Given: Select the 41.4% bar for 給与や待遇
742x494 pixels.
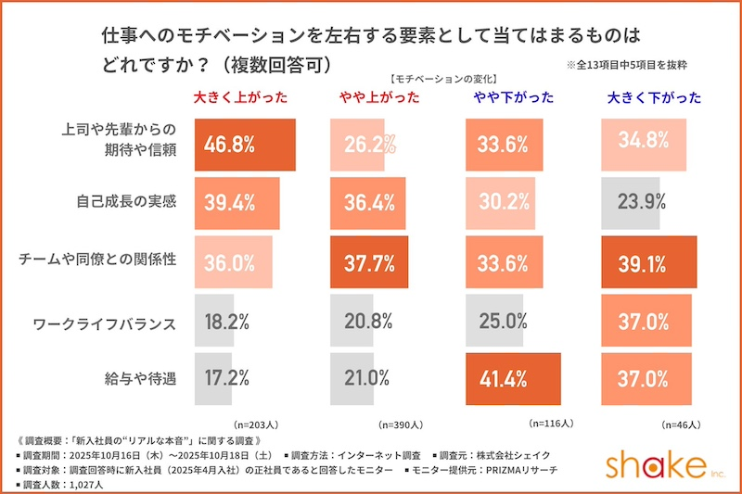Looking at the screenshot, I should (x=513, y=378).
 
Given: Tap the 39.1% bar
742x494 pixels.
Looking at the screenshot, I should (x=648, y=262).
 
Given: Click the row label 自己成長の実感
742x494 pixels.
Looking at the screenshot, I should (x=125, y=201).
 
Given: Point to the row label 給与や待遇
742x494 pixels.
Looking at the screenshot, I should (x=138, y=378).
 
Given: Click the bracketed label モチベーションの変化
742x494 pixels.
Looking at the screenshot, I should (x=444, y=80).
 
